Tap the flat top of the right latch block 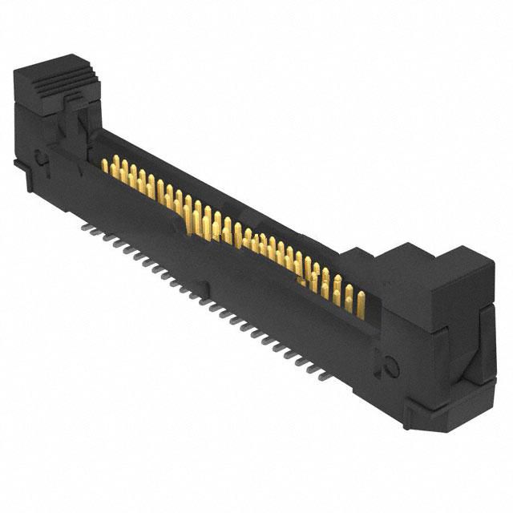(x=437, y=255)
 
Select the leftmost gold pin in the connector (x=105, y=164)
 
